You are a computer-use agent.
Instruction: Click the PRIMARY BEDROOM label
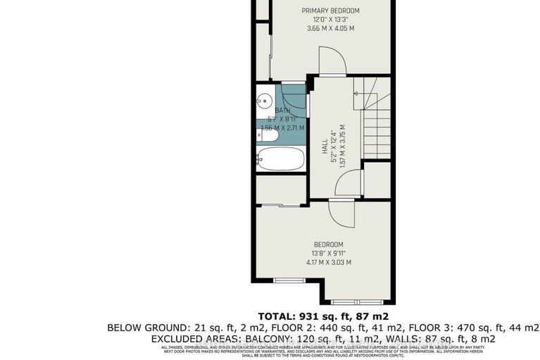tap(330, 11)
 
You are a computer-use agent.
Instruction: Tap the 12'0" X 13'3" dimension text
tap(330, 20)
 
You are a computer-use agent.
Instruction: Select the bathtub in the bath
tap(280, 159)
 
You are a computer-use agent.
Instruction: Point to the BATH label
tap(282, 111)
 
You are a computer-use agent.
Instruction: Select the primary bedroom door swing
tap(331, 61)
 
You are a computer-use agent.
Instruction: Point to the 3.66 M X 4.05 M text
tap(330, 29)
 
